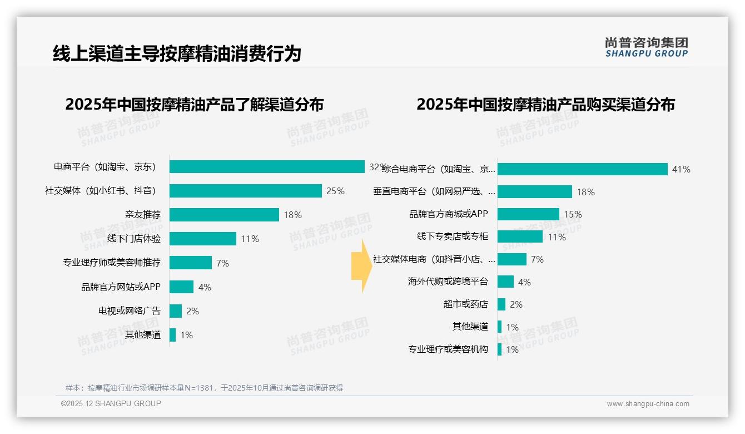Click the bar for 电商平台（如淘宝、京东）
[x=267, y=167]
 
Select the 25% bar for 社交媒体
[x=245, y=191]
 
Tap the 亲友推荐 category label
[x=143, y=215]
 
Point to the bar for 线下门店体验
[x=202, y=239]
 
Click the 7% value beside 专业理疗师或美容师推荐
[x=222, y=263]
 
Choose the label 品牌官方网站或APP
[x=121, y=287]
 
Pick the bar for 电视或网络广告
[x=176, y=311]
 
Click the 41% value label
[x=681, y=169]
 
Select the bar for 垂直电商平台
[x=534, y=192]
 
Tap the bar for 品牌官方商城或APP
[x=528, y=214]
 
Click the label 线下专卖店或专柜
[x=453, y=236]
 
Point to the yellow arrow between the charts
[x=361, y=266]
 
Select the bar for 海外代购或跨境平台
[x=505, y=282]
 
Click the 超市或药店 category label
[x=466, y=304]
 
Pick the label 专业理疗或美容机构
[x=448, y=349]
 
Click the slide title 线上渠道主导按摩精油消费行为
[x=177, y=53]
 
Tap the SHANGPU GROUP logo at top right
[x=646, y=47]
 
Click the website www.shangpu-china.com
[x=648, y=404]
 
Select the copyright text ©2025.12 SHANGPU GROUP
[x=111, y=403]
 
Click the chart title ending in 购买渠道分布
[x=545, y=105]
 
